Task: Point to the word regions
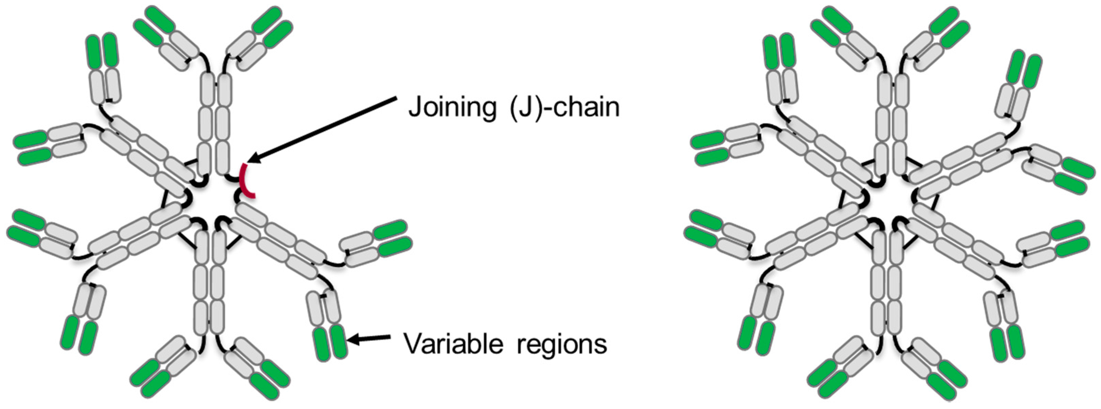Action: pos(562,344)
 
